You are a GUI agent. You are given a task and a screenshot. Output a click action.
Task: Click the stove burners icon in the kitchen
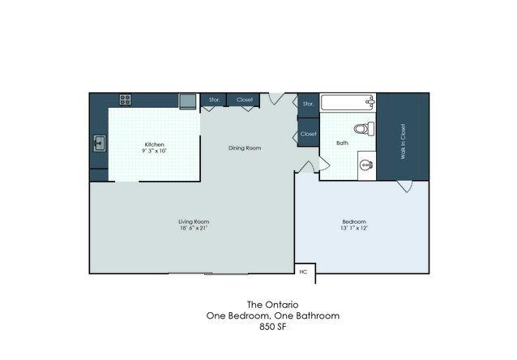(x=126, y=100)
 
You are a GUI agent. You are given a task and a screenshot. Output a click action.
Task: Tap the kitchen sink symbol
(x=99, y=144)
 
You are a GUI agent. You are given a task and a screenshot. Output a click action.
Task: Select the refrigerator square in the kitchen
(x=187, y=101)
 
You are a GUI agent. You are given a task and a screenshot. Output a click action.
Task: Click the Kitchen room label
(x=154, y=144)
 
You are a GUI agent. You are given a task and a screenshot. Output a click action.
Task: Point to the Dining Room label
(x=245, y=148)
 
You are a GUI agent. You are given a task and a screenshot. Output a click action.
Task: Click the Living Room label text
(x=194, y=221)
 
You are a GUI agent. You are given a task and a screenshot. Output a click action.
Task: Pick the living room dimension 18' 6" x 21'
(x=194, y=228)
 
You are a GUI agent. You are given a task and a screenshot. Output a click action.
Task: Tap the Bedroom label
(x=354, y=221)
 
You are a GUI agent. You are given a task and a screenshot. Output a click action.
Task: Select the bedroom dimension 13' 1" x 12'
(x=354, y=228)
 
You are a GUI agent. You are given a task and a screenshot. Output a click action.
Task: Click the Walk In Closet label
(x=403, y=142)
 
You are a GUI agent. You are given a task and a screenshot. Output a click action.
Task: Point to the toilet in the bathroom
(x=365, y=128)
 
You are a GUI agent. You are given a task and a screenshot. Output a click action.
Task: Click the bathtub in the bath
(x=348, y=103)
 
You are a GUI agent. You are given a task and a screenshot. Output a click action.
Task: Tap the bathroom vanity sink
(x=366, y=165)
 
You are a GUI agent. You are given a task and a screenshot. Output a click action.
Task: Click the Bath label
(x=342, y=143)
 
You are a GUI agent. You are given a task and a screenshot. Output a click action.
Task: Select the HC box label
(x=303, y=272)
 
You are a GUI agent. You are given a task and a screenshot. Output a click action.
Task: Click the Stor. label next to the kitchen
(x=214, y=100)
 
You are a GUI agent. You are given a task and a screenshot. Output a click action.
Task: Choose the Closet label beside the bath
(x=308, y=134)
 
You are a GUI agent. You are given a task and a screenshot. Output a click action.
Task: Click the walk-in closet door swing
(x=405, y=186)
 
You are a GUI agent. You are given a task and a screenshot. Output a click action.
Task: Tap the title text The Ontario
(x=273, y=304)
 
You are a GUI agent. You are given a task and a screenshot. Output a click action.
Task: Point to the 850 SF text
(x=273, y=327)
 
